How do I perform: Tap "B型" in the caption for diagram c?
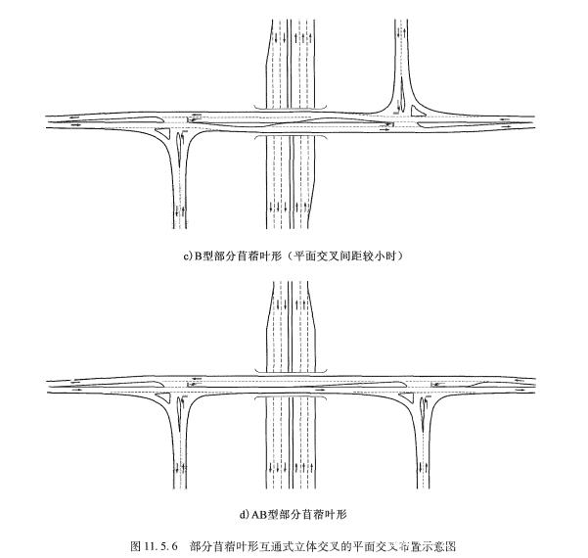click(x=203, y=256)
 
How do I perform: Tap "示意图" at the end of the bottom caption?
click(x=443, y=543)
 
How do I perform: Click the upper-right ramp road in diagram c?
click(x=402, y=59)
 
